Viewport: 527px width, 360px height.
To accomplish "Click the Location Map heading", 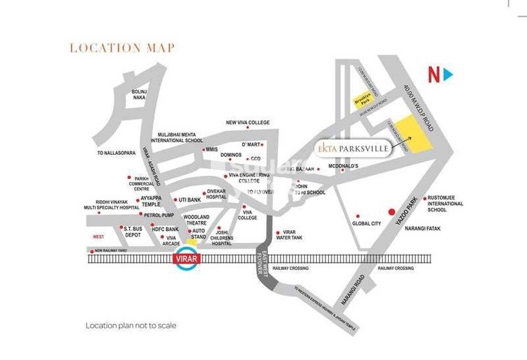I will click(x=122, y=48).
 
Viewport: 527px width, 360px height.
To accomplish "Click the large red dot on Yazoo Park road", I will click(x=392, y=211).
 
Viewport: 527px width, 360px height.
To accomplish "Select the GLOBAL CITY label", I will click(x=366, y=224).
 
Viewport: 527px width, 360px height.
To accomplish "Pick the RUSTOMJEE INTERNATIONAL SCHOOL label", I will click(x=446, y=204).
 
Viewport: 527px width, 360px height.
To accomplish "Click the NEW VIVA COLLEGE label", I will click(x=247, y=123).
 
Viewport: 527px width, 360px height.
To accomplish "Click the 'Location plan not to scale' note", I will click(x=131, y=325).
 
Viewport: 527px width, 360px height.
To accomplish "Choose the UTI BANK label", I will click(x=189, y=200).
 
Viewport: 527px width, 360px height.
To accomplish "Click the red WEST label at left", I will click(x=98, y=237).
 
